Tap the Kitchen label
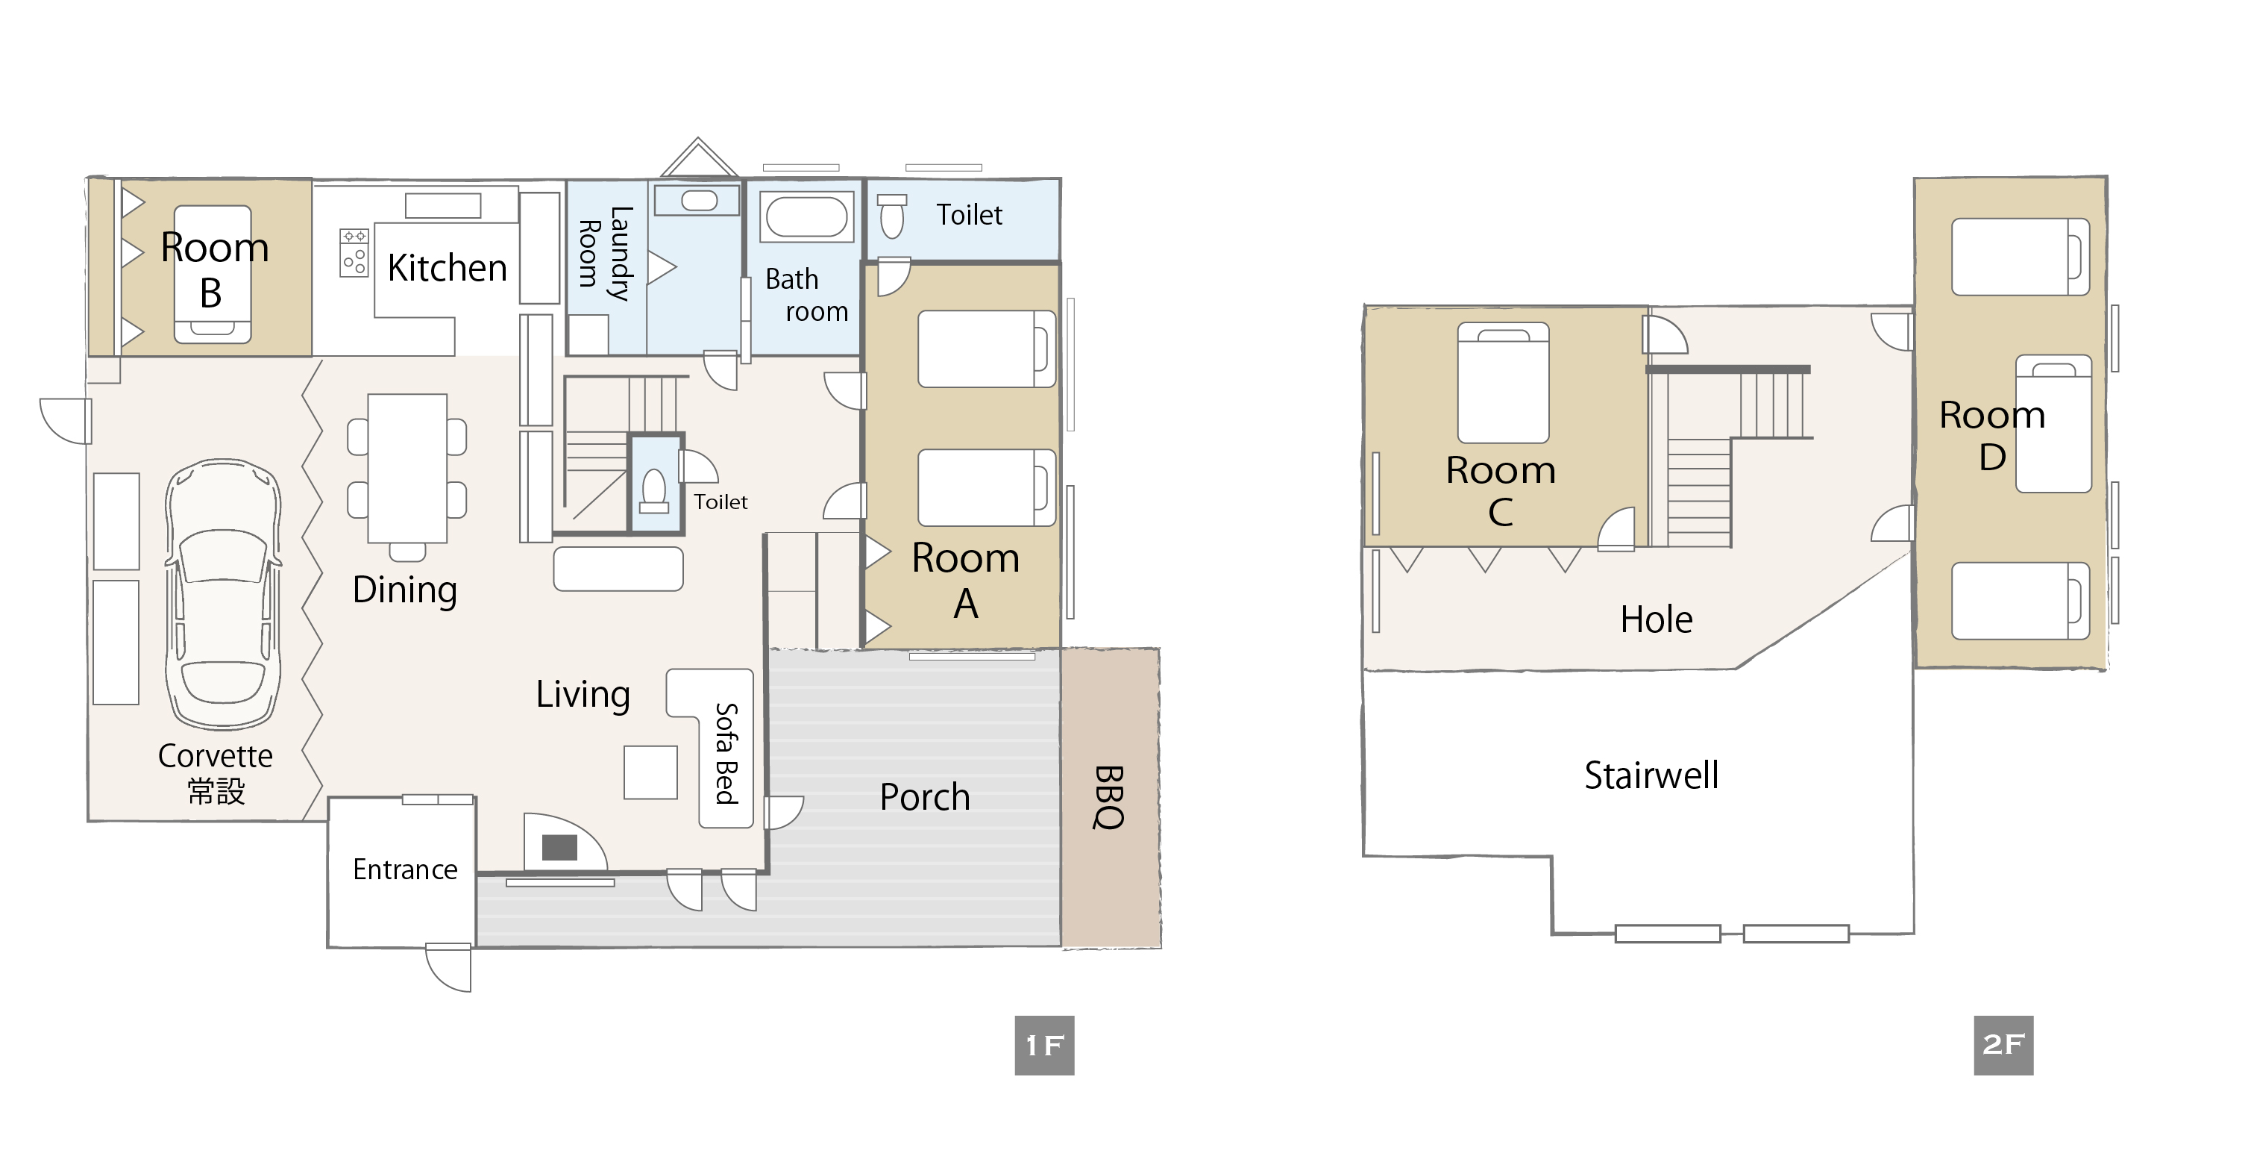[x=447, y=268]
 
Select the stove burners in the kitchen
[x=354, y=253]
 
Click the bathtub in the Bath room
[x=806, y=216]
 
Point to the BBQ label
[x=1108, y=797]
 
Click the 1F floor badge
[x=1045, y=1045]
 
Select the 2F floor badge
[x=2003, y=1045]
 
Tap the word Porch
[x=925, y=797]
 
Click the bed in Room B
[x=213, y=274]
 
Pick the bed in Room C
[x=1503, y=382]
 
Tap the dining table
[x=406, y=468]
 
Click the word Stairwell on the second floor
[x=1651, y=775]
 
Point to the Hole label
[x=1657, y=619]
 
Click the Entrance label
[x=405, y=869]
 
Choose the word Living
[x=583, y=695]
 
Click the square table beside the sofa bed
[x=650, y=772]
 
